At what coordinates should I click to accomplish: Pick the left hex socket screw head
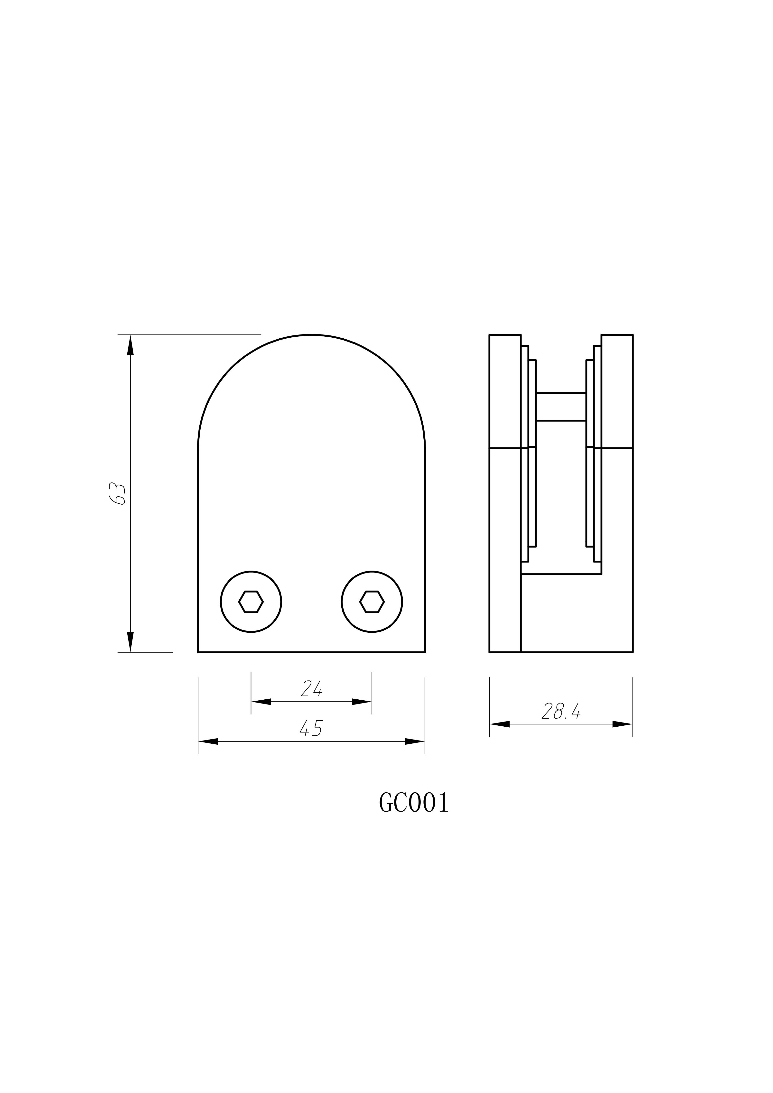pos(251,602)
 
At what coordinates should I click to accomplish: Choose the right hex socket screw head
pos(372,602)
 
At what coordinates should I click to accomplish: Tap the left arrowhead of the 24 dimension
pos(261,702)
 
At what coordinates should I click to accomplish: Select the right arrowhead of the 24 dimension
pos(362,702)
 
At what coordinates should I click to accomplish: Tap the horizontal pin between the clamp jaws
pos(561,407)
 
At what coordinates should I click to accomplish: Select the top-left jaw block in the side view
pos(505,391)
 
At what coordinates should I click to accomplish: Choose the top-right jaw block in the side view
pos(617,391)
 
